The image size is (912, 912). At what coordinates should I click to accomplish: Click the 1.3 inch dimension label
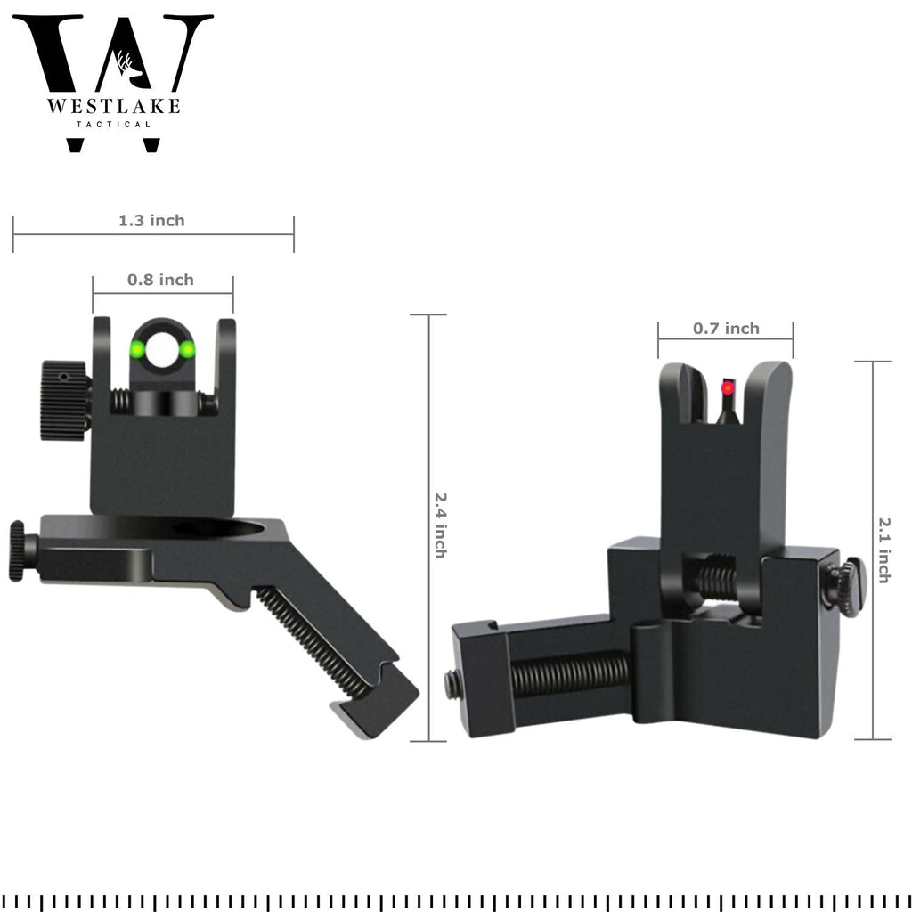point(151,220)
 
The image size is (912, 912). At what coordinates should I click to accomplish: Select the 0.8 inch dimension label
point(160,280)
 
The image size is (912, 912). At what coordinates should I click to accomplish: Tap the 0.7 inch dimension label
point(726,329)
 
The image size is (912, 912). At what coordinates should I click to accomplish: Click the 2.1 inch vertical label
point(883,550)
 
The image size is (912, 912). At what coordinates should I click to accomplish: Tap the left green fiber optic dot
point(138,350)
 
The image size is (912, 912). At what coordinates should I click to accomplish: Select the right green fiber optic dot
point(187,350)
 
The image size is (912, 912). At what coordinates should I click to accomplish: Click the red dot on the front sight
point(728,387)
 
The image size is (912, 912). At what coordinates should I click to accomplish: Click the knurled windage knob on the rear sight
point(64,400)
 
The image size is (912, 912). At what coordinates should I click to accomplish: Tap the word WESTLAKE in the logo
point(114,107)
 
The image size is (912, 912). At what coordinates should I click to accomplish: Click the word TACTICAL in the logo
point(114,125)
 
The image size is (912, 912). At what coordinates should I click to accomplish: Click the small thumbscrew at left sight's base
point(18,551)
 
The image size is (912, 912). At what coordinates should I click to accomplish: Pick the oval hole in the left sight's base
point(218,530)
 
